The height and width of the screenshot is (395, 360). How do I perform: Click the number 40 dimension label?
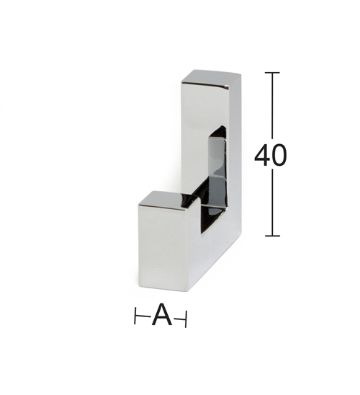(271, 155)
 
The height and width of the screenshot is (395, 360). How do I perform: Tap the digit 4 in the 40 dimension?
(262, 155)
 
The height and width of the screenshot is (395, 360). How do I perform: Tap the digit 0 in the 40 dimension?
(279, 155)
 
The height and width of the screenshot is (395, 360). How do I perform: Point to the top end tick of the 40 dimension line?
(272, 73)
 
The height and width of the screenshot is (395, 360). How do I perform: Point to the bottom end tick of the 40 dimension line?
(272, 236)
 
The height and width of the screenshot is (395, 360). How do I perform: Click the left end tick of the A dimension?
(135, 316)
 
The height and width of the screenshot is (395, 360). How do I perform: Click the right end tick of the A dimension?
(186, 319)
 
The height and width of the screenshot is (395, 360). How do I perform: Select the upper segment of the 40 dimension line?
(272, 105)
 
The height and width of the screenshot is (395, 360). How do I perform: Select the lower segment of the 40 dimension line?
(272, 203)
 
